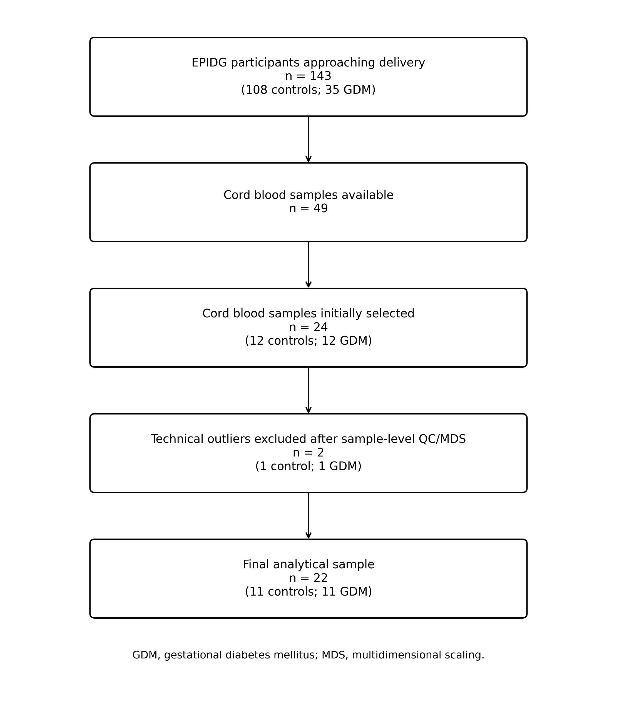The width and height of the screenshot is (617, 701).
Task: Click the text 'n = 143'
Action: point(308,76)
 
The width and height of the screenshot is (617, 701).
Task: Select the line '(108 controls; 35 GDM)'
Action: point(308,90)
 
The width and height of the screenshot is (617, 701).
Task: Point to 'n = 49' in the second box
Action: point(308,209)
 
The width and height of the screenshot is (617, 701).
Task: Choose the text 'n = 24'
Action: point(308,327)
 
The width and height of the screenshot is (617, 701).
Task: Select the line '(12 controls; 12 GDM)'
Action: point(308,341)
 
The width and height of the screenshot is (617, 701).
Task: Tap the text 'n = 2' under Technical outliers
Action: point(308,453)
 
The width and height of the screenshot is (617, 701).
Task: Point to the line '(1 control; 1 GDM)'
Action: point(308,466)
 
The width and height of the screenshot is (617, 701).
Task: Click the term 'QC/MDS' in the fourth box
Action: point(442,439)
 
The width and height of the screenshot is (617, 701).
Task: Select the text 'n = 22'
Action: point(308,578)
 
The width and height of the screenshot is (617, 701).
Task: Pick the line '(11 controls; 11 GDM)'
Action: point(308,592)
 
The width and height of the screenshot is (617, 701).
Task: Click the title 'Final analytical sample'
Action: point(308,564)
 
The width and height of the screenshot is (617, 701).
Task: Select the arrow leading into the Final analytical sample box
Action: point(308,516)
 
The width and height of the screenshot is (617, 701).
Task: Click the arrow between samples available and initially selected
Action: point(308,265)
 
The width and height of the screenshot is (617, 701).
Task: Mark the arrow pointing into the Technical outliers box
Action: point(308,390)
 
